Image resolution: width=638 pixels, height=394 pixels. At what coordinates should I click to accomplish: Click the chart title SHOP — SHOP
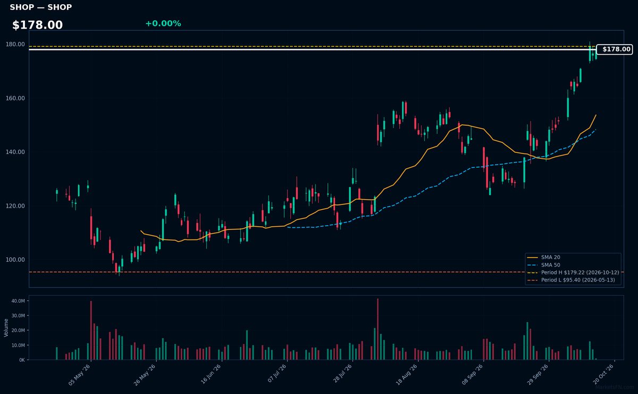41,7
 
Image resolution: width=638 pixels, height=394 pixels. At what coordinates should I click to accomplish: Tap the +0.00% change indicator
163,23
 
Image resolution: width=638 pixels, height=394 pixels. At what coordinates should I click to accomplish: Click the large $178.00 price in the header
37,25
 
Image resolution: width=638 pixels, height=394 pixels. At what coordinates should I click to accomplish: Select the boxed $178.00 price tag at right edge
615,49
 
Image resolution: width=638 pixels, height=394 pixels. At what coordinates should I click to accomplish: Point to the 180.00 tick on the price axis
15,45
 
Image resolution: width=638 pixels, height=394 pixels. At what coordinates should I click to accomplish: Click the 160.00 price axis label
15,98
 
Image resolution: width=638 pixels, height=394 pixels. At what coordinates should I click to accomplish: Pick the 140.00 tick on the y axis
15,152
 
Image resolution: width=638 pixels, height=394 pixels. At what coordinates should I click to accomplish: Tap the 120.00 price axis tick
15,206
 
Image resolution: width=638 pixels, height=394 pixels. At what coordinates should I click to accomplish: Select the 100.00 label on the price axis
15,260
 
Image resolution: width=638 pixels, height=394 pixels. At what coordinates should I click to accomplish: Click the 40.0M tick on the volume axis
18,301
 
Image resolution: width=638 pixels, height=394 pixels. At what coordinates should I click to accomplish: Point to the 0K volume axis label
22,360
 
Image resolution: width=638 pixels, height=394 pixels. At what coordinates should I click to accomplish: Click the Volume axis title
6,328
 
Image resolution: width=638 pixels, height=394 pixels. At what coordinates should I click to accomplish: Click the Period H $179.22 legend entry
573,272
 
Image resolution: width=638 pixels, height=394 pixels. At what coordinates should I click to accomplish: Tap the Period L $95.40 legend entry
571,280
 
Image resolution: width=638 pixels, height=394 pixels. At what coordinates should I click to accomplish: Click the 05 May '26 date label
79,375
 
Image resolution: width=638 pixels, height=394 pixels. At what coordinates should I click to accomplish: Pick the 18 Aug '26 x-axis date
407,375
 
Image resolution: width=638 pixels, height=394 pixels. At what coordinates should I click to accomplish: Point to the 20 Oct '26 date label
603,375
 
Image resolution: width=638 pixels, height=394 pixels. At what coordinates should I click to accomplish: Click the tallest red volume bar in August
377,329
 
